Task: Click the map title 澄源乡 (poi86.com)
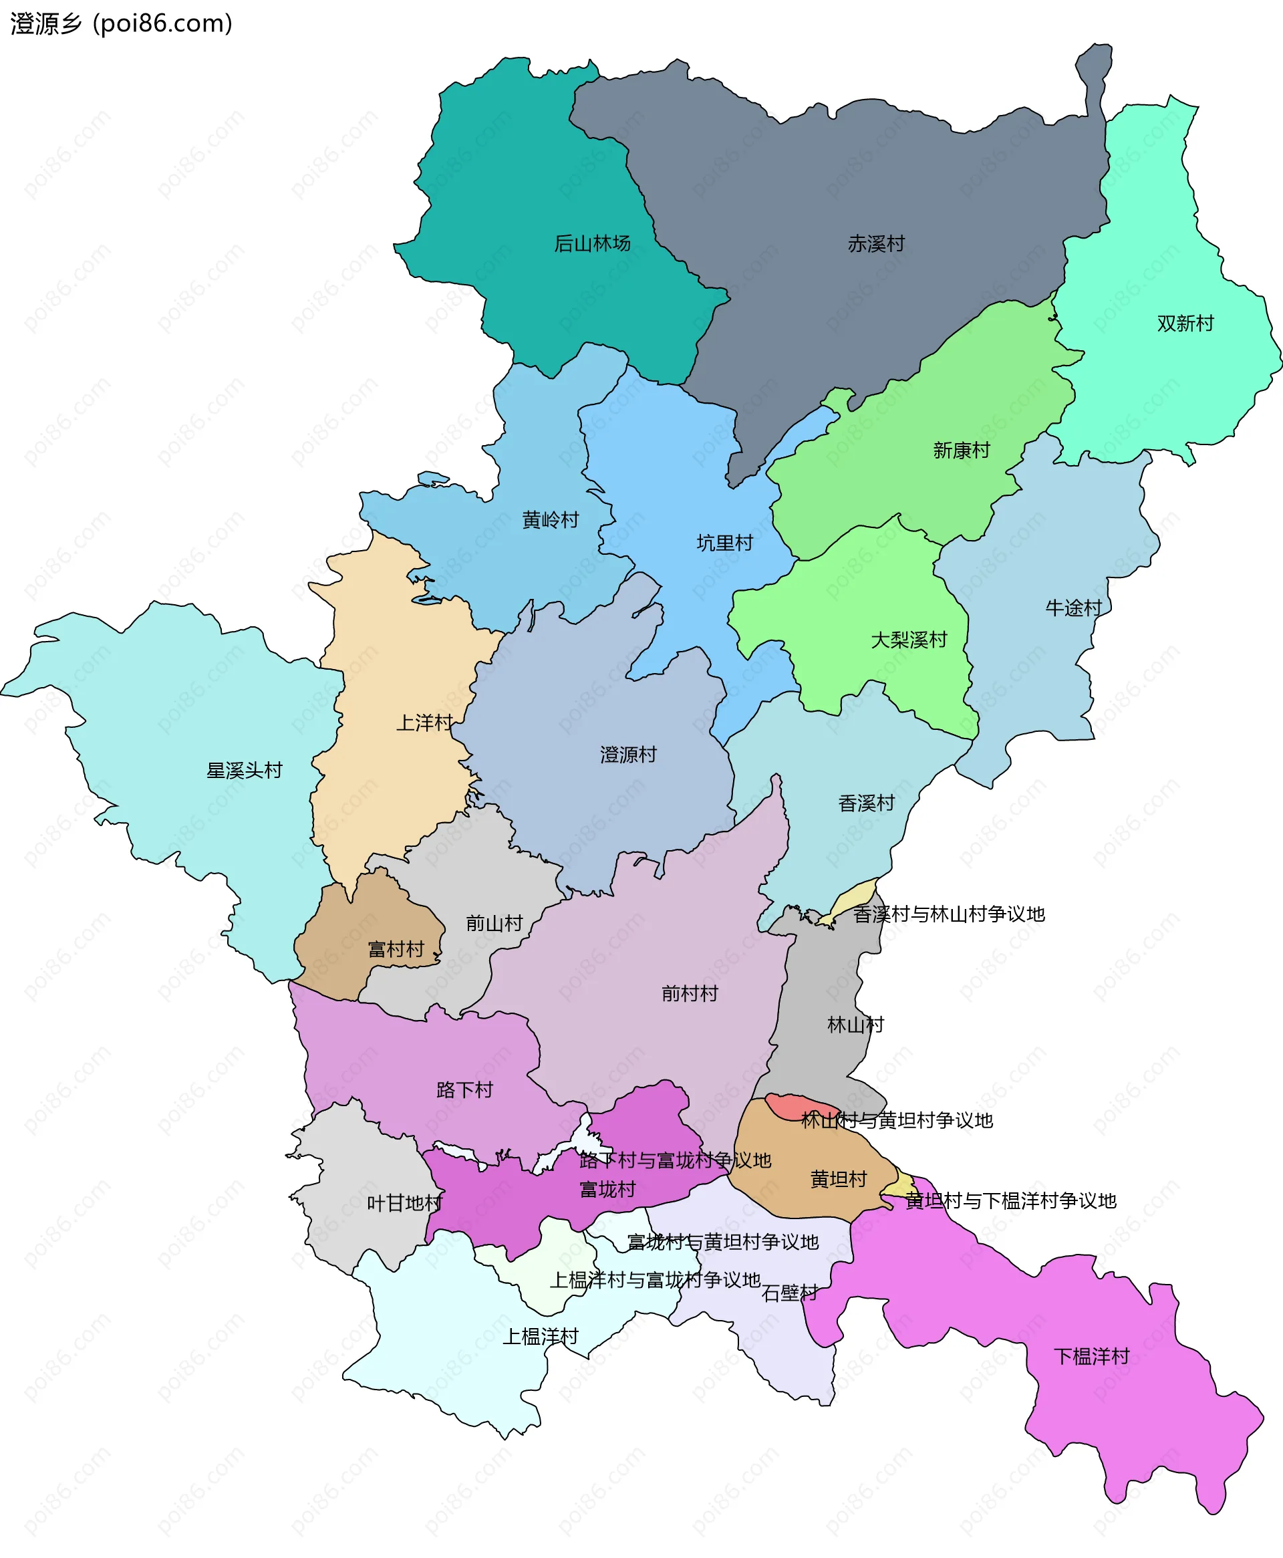(x=121, y=23)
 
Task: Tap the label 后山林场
(x=592, y=243)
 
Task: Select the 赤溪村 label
(x=876, y=243)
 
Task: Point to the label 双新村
(x=1185, y=323)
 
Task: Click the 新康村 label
(x=961, y=450)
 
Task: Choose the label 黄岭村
(x=550, y=519)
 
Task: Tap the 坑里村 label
(x=724, y=543)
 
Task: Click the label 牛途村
(x=1073, y=608)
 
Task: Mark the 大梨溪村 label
(x=908, y=640)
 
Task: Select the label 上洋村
(x=424, y=722)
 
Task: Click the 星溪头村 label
(x=244, y=770)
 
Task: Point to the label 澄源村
(x=627, y=755)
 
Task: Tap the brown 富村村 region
(x=347, y=938)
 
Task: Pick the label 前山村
(x=494, y=923)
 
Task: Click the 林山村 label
(x=855, y=1025)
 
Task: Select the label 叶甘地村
(x=404, y=1203)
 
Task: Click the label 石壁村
(x=789, y=1293)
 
